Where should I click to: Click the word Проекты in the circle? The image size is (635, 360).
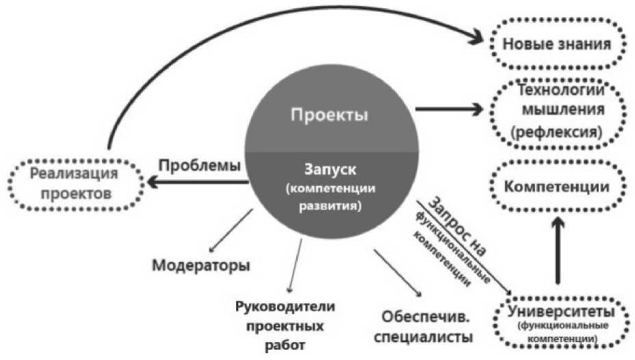(x=330, y=115)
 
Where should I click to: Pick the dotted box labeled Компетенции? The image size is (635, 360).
(x=556, y=186)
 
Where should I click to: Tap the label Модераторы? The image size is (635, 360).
(x=201, y=264)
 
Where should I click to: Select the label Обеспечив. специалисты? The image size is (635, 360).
(x=425, y=327)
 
